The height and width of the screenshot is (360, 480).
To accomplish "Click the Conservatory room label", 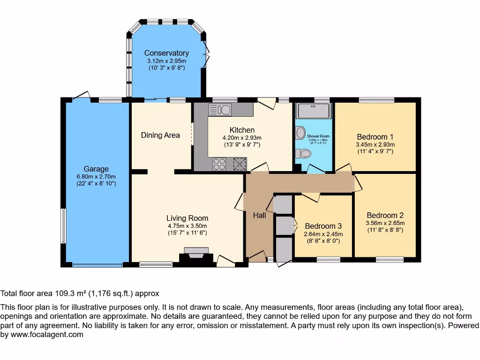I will pos(166,53).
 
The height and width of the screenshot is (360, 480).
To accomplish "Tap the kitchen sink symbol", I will pos(220,110).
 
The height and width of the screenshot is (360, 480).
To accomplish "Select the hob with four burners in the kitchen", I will pos(219,164).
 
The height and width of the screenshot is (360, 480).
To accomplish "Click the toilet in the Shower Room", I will pos(305,153).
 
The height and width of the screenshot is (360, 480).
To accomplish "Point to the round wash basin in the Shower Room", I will pos(300,133).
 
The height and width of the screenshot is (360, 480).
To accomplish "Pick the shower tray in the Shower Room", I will pos(314,111).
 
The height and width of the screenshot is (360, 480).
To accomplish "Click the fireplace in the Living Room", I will pos(195,255).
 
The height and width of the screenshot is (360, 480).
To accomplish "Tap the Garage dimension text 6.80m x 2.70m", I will pos(96,176).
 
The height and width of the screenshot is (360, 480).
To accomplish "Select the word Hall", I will pos(259,215).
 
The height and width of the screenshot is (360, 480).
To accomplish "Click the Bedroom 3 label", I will pos(323,226).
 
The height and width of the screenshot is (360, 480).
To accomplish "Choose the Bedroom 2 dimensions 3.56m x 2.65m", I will pos(385,223).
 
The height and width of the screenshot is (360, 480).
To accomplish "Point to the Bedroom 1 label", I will pos(375,137).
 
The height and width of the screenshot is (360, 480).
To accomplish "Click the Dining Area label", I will pos(160,135).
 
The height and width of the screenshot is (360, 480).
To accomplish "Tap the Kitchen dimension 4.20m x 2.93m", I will pos(242,138).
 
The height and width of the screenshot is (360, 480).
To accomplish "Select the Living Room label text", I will pos(187,218).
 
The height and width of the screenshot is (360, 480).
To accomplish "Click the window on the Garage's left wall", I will pos(63,225).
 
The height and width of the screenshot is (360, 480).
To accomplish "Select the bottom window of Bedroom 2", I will pos(390,259).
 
